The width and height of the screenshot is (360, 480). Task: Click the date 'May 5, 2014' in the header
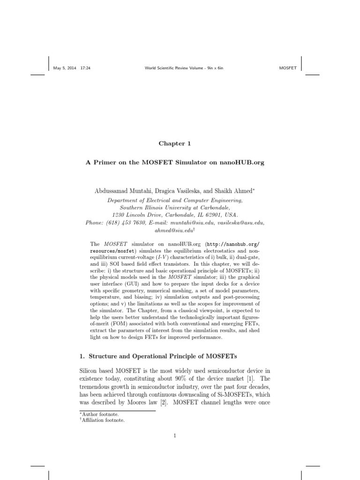click(x=65, y=68)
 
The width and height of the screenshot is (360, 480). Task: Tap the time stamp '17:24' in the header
click(x=85, y=68)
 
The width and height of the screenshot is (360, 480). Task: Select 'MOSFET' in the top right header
click(x=288, y=68)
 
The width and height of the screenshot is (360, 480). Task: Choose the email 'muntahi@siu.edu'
click(x=195, y=223)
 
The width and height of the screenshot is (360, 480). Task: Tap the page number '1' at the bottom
click(x=174, y=435)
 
